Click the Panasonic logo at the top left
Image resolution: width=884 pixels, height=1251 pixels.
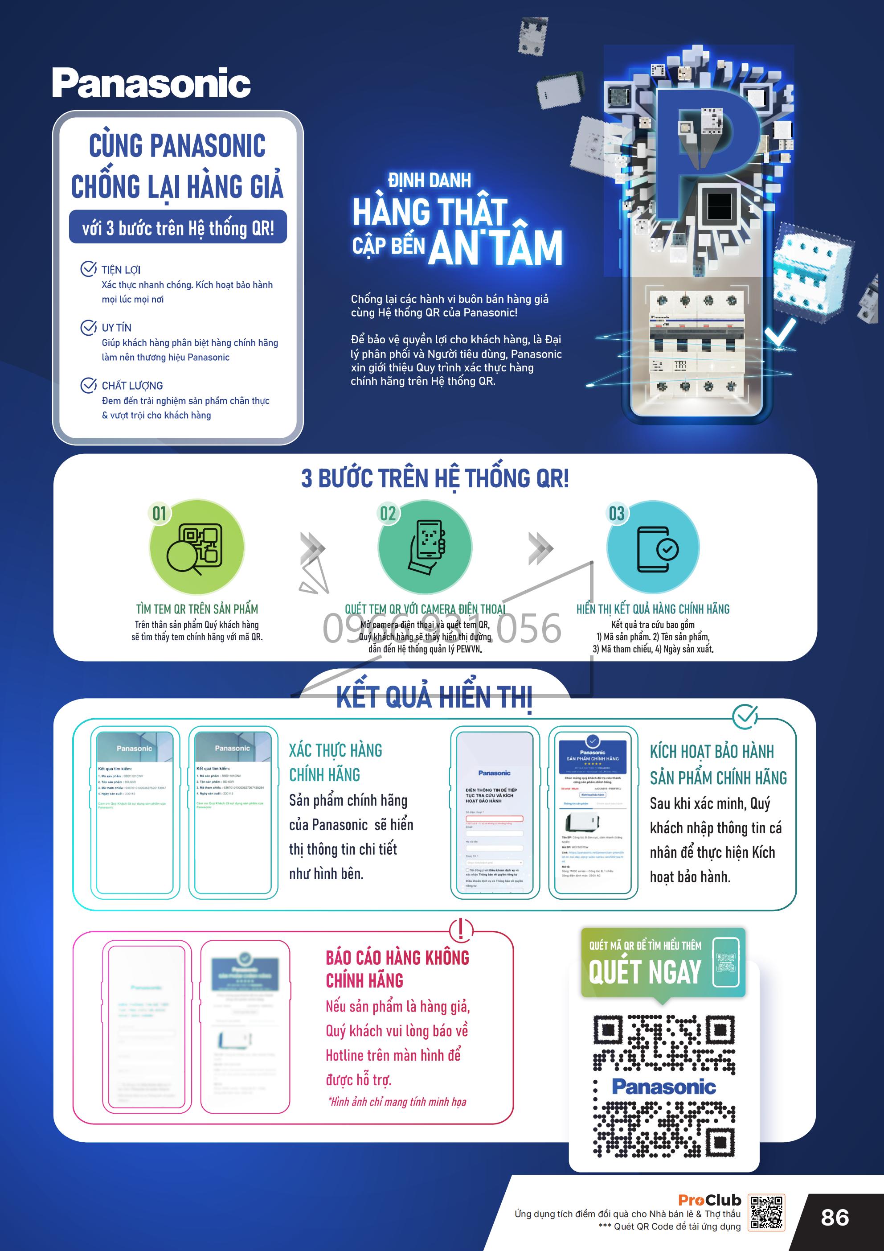pyautogui.click(x=151, y=83)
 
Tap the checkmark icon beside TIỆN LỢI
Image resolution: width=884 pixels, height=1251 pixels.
pyautogui.click(x=88, y=269)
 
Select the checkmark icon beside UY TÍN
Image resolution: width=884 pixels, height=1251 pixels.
pyautogui.click(x=88, y=327)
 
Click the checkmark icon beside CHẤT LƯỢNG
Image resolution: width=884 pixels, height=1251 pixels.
pyautogui.click(x=88, y=385)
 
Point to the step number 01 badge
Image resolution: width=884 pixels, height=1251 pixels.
pyautogui.click(x=159, y=513)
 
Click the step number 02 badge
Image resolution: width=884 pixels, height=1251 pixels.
pyautogui.click(x=388, y=513)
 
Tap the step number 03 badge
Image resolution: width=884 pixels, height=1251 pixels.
pyautogui.click(x=617, y=513)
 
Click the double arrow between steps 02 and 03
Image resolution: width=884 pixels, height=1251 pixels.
pyautogui.click(x=540, y=548)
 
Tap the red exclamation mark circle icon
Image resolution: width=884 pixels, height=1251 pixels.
pyautogui.click(x=461, y=930)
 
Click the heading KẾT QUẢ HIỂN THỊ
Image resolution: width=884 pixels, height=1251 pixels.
pyautogui.click(x=434, y=697)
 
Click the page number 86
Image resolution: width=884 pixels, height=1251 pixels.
pyautogui.click(x=835, y=1218)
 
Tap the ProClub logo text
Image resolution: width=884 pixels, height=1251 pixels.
pyautogui.click(x=709, y=1200)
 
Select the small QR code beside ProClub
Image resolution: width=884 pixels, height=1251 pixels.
pyautogui.click(x=766, y=1213)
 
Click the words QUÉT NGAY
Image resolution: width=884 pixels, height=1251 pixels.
pyautogui.click(x=644, y=972)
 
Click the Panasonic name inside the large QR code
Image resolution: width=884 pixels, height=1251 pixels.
pyautogui.click(x=663, y=1086)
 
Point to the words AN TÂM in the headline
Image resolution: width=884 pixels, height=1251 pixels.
pyautogui.click(x=495, y=248)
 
